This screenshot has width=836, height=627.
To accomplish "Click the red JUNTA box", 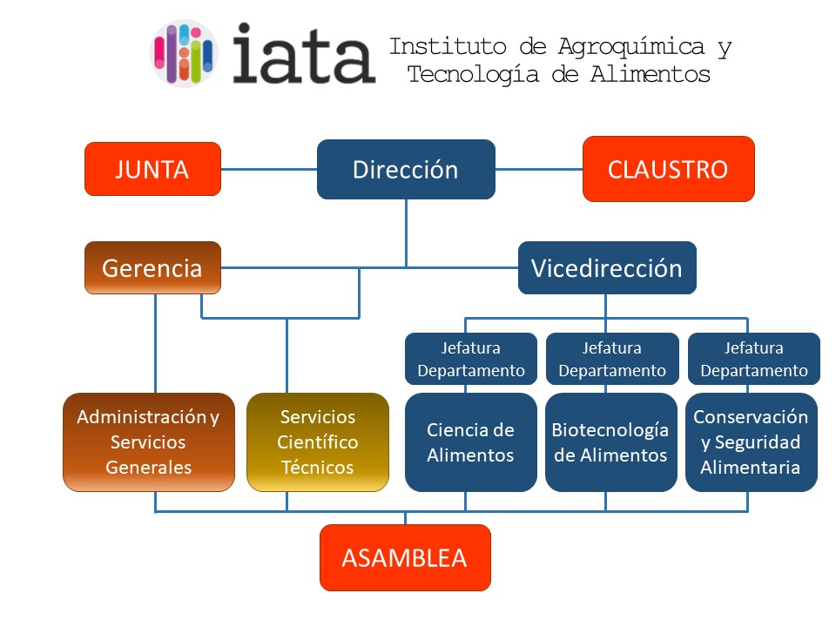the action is (x=152, y=169).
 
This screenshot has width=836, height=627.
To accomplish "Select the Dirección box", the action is (x=406, y=170).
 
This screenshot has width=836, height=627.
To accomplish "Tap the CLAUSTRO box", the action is (x=669, y=169).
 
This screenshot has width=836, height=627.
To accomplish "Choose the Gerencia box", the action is (x=152, y=267).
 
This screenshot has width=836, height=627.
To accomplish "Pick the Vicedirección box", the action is (x=607, y=267).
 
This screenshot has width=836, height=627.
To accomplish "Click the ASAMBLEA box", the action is (x=405, y=557).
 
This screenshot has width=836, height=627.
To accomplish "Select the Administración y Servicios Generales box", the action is (x=149, y=442).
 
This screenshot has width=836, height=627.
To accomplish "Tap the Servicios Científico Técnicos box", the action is (x=318, y=442).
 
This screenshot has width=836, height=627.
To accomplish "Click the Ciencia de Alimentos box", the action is (x=471, y=442).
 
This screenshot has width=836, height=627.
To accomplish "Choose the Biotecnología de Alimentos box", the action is (x=611, y=442).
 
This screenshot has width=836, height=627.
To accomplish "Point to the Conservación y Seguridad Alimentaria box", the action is (x=752, y=442).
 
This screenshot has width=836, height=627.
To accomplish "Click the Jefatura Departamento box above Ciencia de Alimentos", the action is (x=471, y=359).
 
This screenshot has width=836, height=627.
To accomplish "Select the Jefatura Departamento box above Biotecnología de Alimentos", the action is (x=612, y=359).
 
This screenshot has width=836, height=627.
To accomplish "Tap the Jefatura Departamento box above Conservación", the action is (x=754, y=359).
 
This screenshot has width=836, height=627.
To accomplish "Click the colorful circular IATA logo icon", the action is (x=184, y=53).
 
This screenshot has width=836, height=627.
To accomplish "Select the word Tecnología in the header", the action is (x=474, y=75).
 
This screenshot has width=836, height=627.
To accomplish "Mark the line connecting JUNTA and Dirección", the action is (x=269, y=170).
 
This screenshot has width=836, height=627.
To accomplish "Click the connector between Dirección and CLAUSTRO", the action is (x=539, y=170).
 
